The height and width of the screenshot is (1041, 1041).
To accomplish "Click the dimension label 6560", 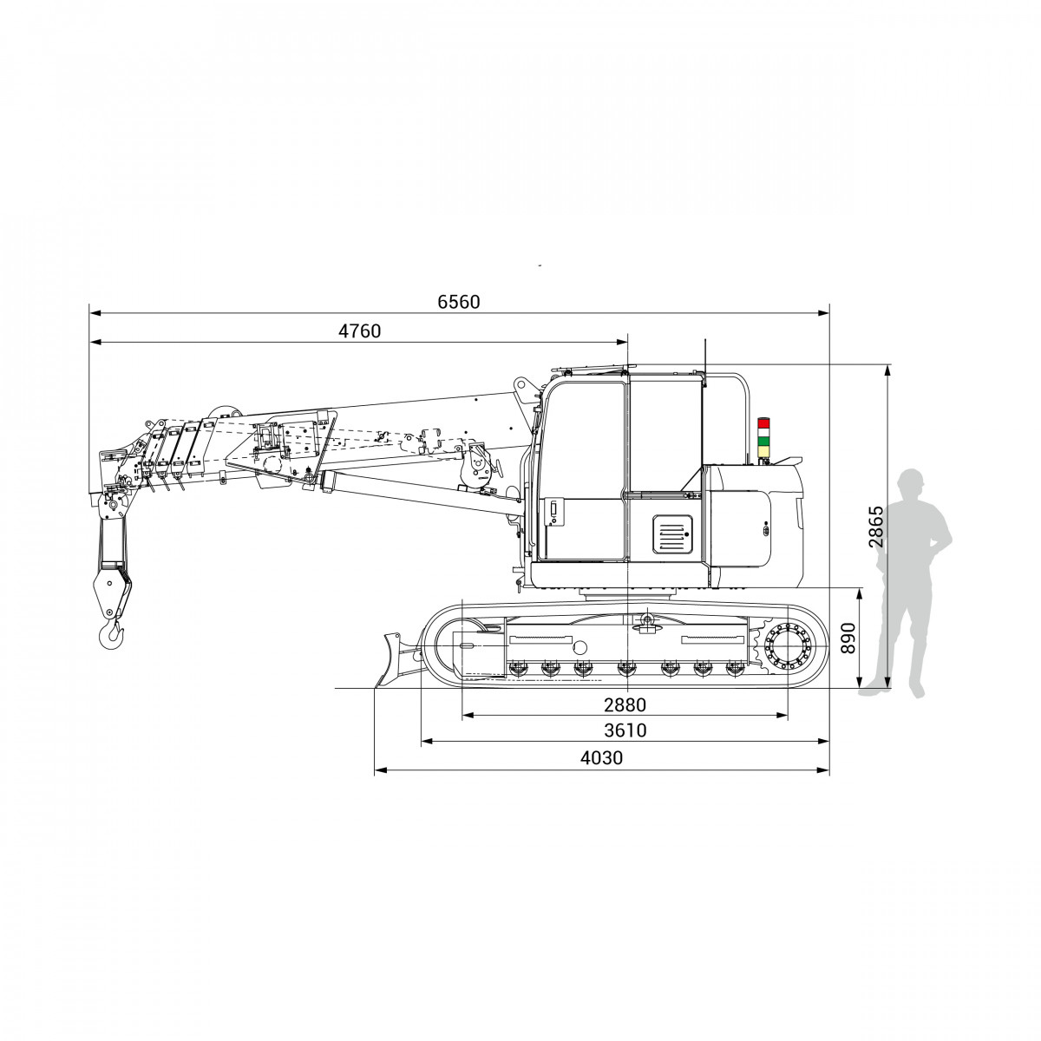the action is (x=458, y=302).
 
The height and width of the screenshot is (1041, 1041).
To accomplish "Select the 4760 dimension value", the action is (x=359, y=331).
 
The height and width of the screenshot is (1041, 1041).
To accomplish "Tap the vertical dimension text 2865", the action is (x=875, y=527).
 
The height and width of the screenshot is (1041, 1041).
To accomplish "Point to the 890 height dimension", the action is (x=848, y=638).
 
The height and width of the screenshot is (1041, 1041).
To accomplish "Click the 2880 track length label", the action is (x=625, y=705).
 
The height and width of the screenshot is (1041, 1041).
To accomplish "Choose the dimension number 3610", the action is (x=625, y=730).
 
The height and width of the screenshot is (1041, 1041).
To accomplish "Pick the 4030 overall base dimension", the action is (x=601, y=758).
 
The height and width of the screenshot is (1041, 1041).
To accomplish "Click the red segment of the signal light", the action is (x=764, y=422).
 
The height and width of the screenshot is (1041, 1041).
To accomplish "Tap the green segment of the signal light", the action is (x=764, y=441).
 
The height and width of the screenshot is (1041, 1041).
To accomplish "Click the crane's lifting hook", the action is (x=112, y=635).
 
